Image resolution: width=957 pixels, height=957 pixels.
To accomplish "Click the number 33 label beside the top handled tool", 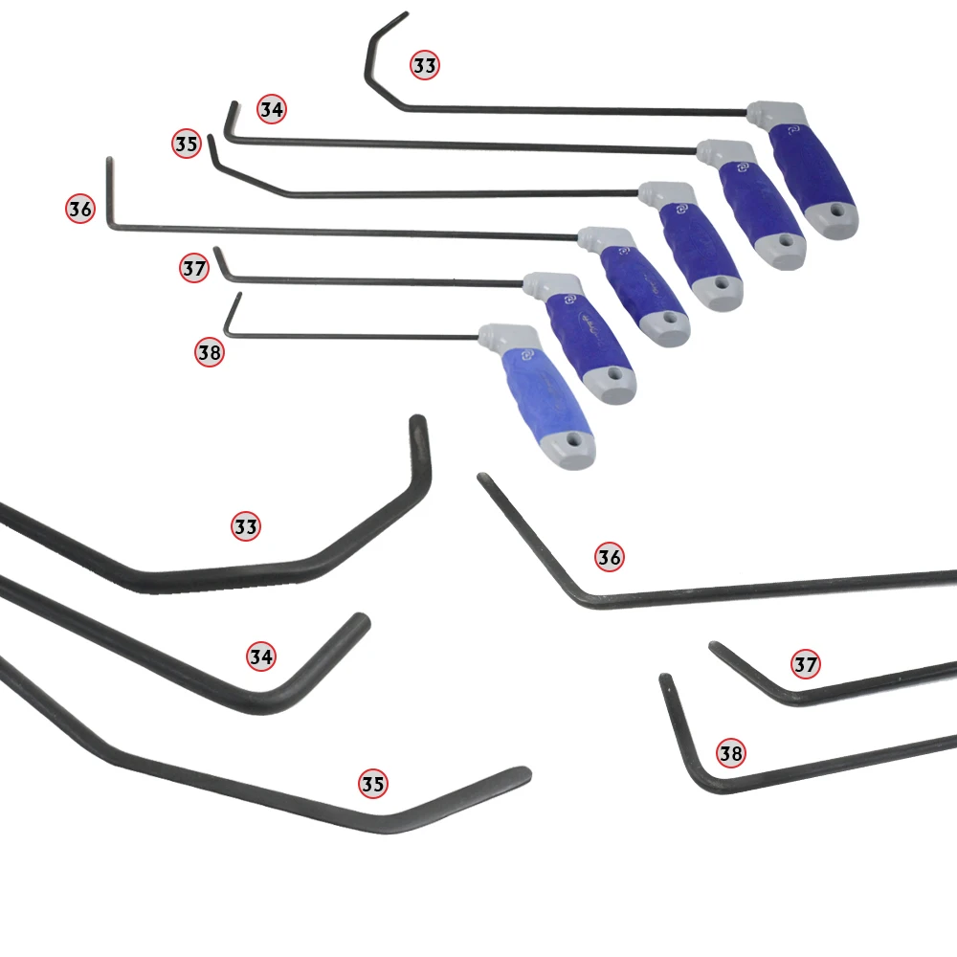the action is click(425, 65).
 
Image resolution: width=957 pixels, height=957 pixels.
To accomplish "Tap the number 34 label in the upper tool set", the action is click(272, 109).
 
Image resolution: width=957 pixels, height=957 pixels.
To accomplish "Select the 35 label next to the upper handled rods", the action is click(186, 145).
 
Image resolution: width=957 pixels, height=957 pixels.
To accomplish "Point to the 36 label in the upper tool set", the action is click(80, 208).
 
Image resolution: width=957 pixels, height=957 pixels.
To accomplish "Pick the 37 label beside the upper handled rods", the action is click(194, 269).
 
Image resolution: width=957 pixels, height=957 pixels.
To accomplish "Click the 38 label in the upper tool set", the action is click(210, 352).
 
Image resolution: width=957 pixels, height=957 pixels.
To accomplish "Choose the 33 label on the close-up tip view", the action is click(246, 526).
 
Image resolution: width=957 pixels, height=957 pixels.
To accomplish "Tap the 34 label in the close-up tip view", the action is click(261, 657).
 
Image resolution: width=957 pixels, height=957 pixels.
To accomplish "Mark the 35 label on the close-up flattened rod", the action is click(373, 784).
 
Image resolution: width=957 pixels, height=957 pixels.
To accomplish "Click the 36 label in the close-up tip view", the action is click(610, 556).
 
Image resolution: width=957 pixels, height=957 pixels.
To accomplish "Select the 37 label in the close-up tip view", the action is click(806, 663).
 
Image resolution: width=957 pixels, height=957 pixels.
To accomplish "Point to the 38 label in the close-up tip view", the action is click(730, 754).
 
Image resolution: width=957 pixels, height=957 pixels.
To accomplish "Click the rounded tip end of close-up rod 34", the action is click(361, 620).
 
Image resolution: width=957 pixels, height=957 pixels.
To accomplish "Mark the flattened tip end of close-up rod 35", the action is click(521, 772).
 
